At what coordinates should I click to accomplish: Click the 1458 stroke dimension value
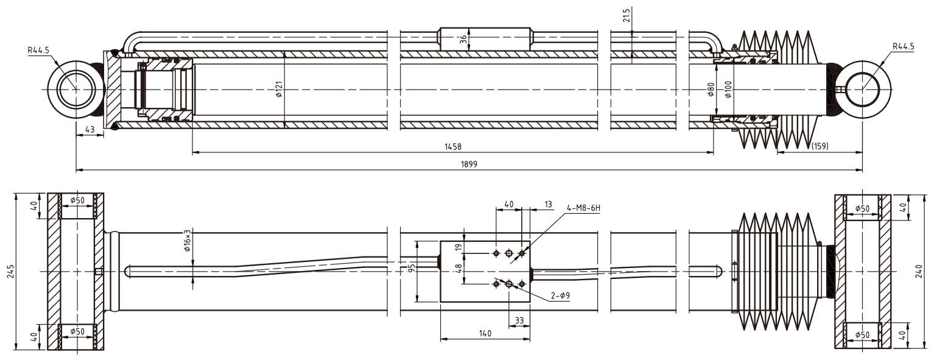click(452, 147)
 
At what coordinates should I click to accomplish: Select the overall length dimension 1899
click(469, 164)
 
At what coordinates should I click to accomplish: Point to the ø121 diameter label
click(278, 90)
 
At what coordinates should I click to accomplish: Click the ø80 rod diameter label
click(711, 90)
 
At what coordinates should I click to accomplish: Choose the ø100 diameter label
click(727, 90)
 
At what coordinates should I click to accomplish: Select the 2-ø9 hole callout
click(560, 295)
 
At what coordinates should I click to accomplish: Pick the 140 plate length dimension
click(485, 333)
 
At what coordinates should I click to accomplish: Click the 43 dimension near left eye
click(90, 130)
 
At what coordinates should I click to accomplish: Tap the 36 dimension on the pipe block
click(463, 38)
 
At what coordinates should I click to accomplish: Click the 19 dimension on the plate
click(458, 247)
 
